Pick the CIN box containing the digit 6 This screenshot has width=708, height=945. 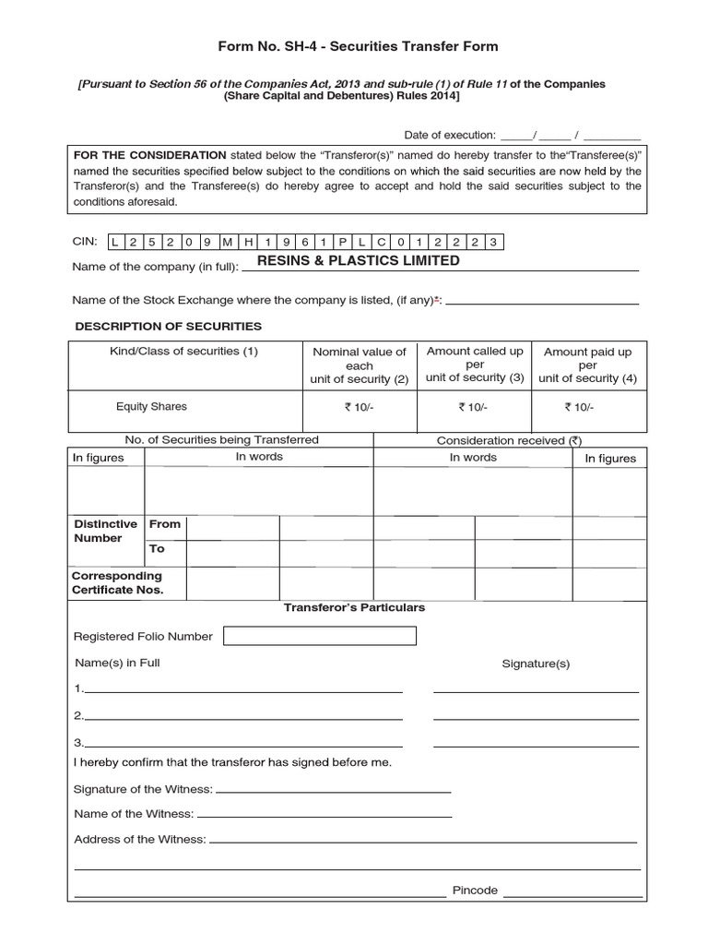[x=305, y=243]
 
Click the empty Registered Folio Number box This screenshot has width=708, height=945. [x=320, y=636]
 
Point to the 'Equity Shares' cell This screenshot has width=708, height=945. [x=151, y=406]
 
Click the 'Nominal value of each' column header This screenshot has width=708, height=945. [x=360, y=365]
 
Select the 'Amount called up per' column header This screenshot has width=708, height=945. [x=475, y=365]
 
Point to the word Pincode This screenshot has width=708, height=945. [x=475, y=891]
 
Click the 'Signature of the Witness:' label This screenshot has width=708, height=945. [x=143, y=789]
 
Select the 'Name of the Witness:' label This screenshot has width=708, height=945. [x=134, y=814]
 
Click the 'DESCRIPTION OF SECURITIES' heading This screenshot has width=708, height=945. [x=168, y=327]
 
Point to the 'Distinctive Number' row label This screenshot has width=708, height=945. [x=105, y=531]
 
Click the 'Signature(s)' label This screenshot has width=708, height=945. [x=536, y=664]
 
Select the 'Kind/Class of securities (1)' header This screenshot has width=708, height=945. [x=183, y=352]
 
